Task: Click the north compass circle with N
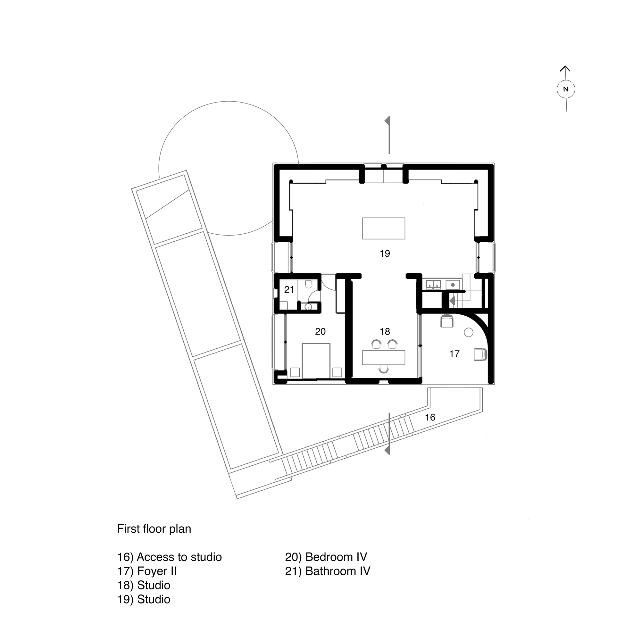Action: click(x=566, y=89)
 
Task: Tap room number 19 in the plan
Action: click(x=385, y=254)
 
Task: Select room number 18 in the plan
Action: click(x=385, y=331)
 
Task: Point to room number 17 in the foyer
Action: click(x=454, y=354)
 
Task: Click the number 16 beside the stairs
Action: click(x=430, y=417)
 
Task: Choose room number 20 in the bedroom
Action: click(x=320, y=331)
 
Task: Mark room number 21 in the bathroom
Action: click(x=289, y=290)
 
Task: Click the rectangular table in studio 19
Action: click(x=384, y=228)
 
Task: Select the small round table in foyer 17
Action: click(x=468, y=332)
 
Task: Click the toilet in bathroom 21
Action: click(x=309, y=284)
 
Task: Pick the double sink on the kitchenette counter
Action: click(x=433, y=284)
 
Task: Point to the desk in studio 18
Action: click(x=384, y=357)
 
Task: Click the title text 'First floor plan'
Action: click(x=154, y=529)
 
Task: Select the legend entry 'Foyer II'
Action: click(x=147, y=571)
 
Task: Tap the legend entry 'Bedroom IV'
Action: click(x=326, y=557)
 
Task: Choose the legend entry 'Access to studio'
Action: click(x=169, y=557)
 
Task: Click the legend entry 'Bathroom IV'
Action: click(x=328, y=571)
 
